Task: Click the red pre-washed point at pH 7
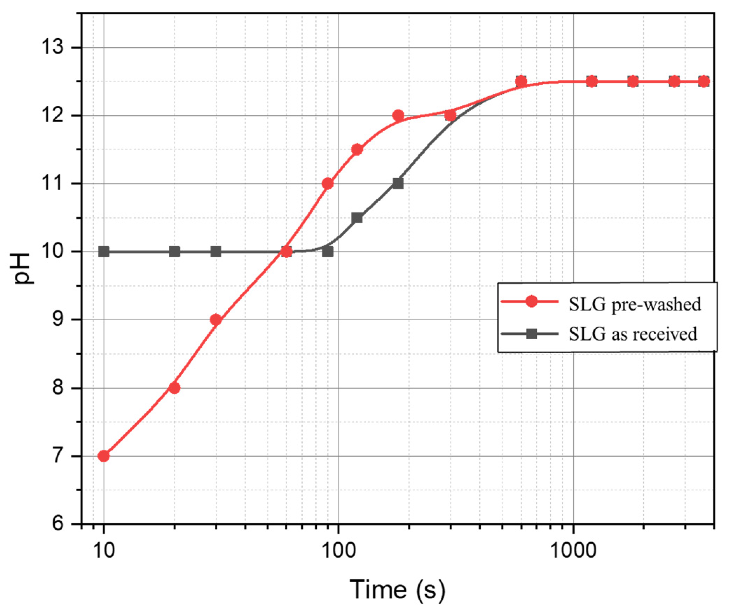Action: coord(104,456)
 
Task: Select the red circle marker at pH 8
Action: coord(174,388)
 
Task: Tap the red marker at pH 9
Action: coord(216,320)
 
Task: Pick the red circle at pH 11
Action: coord(328,183)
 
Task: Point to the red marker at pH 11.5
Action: coord(357,149)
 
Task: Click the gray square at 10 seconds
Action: coord(104,251)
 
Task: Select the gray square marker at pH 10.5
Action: coord(357,217)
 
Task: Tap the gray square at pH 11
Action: coord(398,183)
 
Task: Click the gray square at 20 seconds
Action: coord(174,251)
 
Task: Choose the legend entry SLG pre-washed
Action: coord(634,304)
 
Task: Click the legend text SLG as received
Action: coord(633,334)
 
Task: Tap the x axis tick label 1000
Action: coord(573,551)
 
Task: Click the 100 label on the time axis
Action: coord(338,551)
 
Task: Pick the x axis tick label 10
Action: coord(104,551)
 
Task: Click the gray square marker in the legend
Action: coord(531,334)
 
